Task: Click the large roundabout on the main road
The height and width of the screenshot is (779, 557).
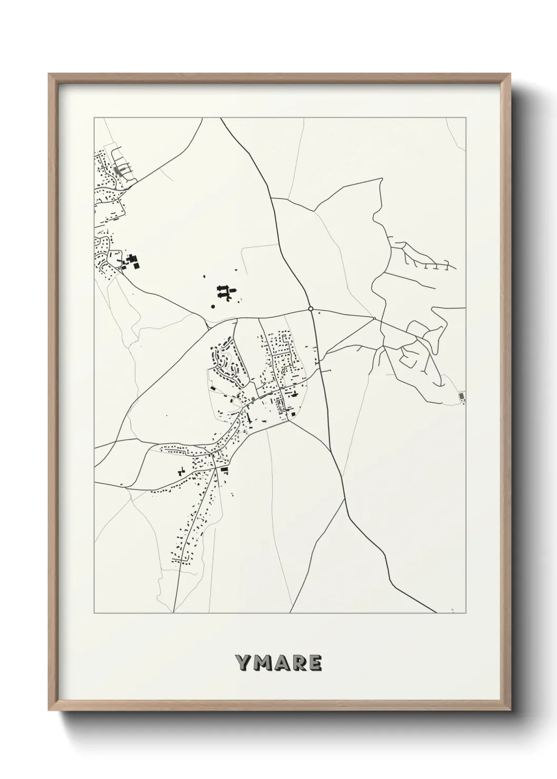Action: tap(311, 309)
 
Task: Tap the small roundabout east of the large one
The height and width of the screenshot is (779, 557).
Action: tap(374, 318)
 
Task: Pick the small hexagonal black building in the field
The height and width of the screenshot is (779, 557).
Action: tap(213, 305)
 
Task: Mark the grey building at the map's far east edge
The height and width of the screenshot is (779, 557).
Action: tap(462, 395)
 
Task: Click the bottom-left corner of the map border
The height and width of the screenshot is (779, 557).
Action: tap(94, 613)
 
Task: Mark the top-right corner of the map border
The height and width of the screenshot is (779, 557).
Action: tap(465, 117)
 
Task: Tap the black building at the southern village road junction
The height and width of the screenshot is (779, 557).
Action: tap(225, 468)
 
